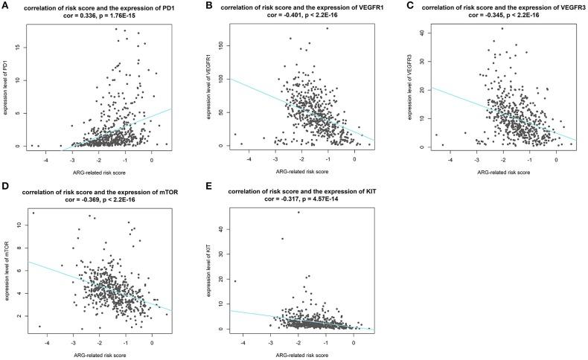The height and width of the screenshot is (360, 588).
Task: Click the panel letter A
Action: (x=6, y=7)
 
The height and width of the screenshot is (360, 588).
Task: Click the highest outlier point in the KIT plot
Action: (x=298, y=212)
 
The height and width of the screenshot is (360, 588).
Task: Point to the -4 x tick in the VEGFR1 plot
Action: (x=248, y=159)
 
